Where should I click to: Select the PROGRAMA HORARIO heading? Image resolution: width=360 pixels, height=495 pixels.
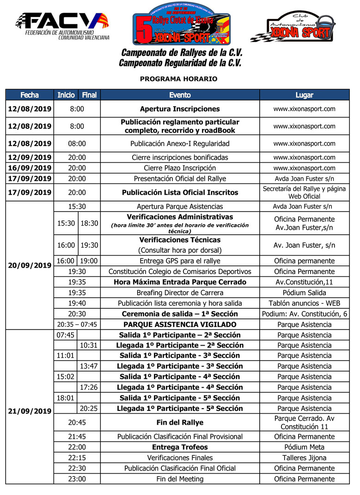pos(178,79)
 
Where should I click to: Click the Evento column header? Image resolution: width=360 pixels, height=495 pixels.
pos(180,95)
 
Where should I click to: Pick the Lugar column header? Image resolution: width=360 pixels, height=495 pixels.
pos(304,95)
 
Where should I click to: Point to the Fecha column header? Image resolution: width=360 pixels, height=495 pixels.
pos(30,95)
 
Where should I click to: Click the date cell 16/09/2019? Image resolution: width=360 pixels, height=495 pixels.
pos(30,168)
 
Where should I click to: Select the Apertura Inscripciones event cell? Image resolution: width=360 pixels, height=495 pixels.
pos(180,109)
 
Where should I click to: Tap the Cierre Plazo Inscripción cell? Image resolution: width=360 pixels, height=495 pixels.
pos(180,168)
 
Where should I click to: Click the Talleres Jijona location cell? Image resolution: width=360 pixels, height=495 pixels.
pos(304,458)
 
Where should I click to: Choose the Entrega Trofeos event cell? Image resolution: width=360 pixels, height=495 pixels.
pos(180,447)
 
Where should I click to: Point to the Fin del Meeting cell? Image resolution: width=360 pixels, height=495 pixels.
pos(180,479)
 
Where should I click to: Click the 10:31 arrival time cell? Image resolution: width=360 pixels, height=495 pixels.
pos(89,345)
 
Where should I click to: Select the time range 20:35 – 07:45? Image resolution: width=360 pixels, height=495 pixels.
pos(77,324)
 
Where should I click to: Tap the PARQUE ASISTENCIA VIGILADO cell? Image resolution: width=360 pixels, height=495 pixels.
pos(180,324)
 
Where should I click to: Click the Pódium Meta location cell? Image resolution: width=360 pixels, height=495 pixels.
pos(304,447)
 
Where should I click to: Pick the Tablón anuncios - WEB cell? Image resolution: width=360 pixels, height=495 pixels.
pos(304,303)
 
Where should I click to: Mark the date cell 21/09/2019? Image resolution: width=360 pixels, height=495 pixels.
pos(30,411)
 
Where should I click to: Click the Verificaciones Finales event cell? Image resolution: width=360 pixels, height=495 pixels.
pos(180,458)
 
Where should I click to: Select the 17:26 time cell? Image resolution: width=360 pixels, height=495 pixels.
pos(89,387)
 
